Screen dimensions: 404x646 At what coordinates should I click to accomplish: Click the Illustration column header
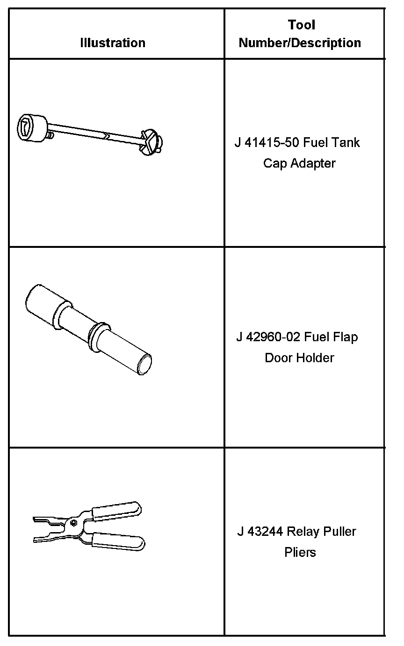(x=113, y=43)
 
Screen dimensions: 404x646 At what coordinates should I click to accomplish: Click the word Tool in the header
(x=302, y=25)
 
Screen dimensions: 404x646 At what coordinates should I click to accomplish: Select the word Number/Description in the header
(x=300, y=43)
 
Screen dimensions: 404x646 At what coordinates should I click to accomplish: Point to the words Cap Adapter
(x=299, y=163)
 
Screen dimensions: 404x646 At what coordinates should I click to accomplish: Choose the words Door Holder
(x=299, y=358)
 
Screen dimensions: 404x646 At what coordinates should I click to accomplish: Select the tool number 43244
(x=265, y=532)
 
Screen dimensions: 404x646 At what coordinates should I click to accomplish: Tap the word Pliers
(x=300, y=553)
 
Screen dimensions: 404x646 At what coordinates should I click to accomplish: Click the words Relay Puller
(x=322, y=532)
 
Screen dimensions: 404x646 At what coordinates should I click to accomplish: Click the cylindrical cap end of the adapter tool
(x=32, y=128)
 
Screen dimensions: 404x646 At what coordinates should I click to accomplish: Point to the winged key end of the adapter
(x=151, y=143)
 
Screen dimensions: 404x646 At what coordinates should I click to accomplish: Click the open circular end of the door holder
(x=145, y=365)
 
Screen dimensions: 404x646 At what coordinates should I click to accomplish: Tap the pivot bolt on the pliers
(x=74, y=523)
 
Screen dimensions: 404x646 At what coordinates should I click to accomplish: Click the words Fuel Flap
(x=331, y=337)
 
